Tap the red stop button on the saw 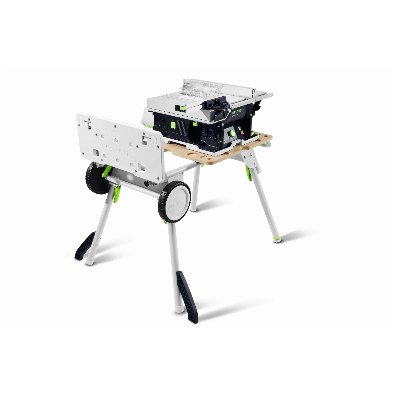242,132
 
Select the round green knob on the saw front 232,133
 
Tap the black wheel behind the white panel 94,178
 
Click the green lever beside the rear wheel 106,172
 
